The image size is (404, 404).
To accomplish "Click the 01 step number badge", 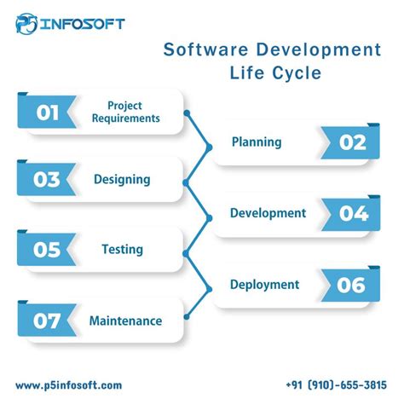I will point(47,112).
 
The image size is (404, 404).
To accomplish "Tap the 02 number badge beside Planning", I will point(351,142).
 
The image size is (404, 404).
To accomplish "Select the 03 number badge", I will point(47,180).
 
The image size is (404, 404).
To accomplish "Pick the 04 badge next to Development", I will point(352,213).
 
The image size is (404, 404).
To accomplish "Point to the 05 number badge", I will point(47,250).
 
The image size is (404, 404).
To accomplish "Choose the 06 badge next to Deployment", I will point(351,286).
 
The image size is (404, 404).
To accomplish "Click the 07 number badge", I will point(47,321).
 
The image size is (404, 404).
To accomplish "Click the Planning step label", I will point(257,142).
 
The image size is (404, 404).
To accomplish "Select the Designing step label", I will point(122,180).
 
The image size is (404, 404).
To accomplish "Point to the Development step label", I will point(268,213).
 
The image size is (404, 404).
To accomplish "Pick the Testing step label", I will point(122,250).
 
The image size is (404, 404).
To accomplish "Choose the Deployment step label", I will point(264,285).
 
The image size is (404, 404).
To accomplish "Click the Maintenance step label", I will point(125,321).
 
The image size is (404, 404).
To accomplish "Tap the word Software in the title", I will point(204,50).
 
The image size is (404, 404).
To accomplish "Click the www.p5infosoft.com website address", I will point(68,385).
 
